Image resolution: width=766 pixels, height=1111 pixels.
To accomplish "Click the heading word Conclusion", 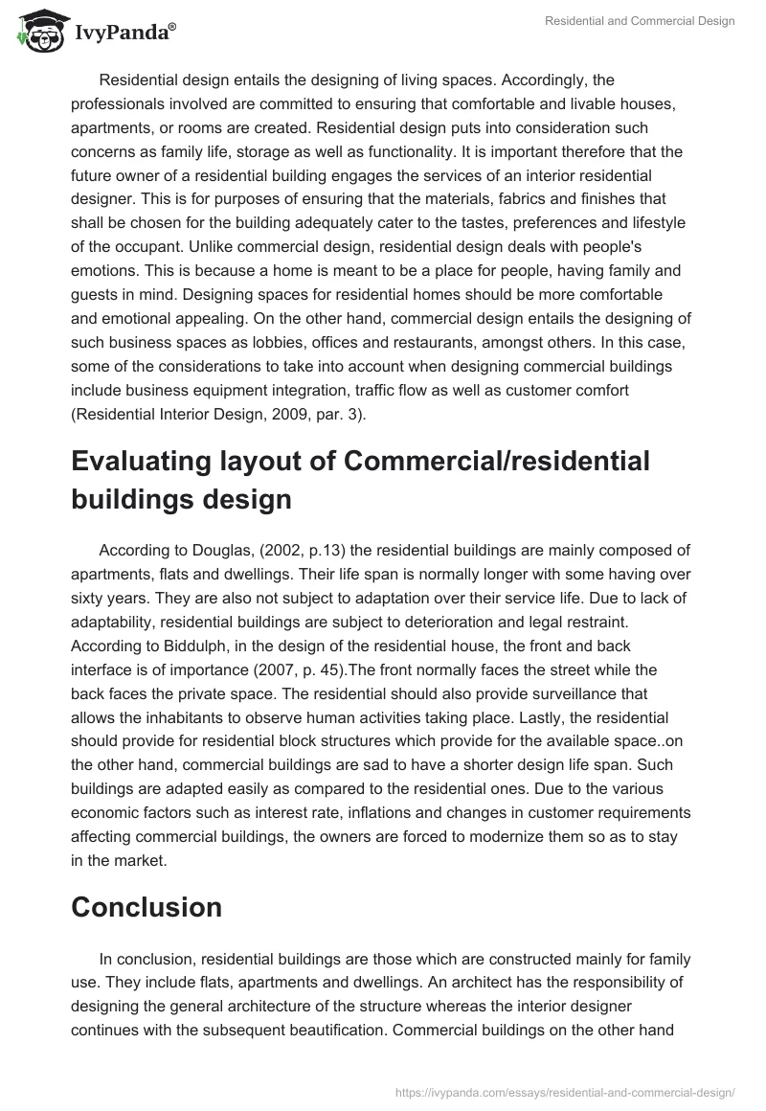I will click(146, 906).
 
